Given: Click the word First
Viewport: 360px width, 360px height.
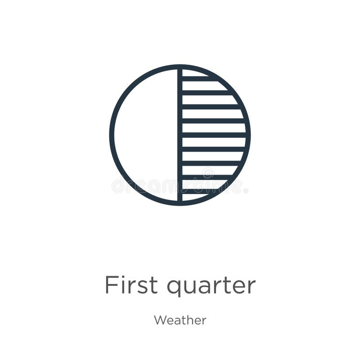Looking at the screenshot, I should (x=131, y=285).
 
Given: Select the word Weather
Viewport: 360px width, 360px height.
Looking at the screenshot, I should (x=180, y=320).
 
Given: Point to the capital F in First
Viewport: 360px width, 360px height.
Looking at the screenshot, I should (x=111, y=285).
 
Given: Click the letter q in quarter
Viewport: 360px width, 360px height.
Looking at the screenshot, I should (x=174, y=288).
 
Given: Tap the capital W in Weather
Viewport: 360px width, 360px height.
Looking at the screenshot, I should (x=160, y=320).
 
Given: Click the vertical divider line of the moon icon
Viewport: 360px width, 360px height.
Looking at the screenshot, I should (x=180, y=135).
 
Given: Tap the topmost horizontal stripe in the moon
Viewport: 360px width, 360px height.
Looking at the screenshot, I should (x=198, y=78).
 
